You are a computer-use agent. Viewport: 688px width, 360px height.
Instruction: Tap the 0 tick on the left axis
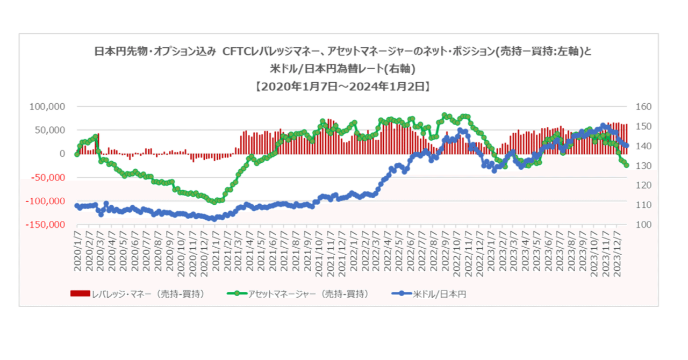tap(62, 154)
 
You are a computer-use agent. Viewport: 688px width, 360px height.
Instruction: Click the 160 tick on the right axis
tap(644, 106)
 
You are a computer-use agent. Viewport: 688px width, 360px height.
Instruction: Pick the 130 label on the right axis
tap(644, 165)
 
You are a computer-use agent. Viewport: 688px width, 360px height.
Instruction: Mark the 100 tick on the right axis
tap(644, 225)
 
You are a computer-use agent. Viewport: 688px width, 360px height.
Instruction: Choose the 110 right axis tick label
tap(644, 205)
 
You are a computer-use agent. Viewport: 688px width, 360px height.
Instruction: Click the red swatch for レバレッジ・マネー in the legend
tap(80, 293)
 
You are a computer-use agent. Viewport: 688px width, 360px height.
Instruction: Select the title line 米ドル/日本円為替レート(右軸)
tap(343, 69)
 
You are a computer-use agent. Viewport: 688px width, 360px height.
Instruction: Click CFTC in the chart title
tap(240, 52)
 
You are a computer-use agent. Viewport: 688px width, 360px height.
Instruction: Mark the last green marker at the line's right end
tap(627, 165)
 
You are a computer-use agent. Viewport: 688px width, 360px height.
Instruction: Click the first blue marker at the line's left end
tap(76, 206)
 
